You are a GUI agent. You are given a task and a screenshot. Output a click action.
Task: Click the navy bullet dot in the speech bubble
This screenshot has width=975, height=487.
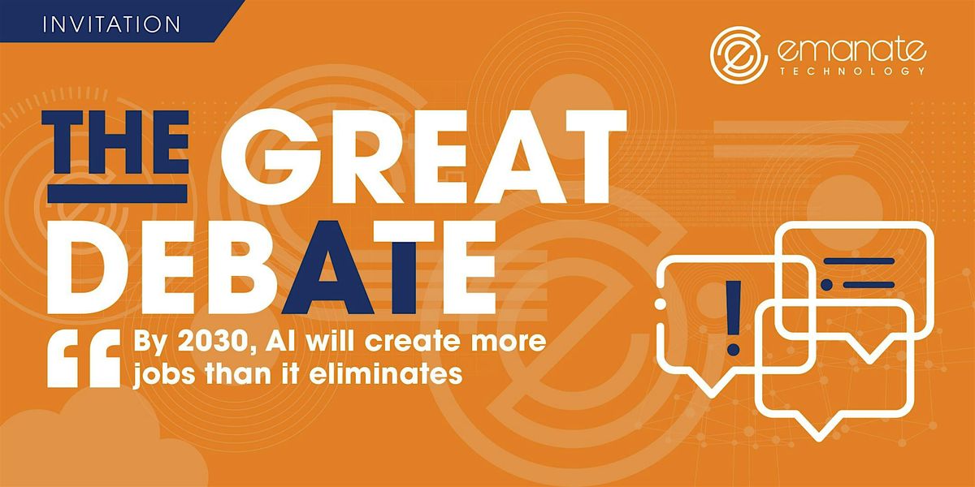[826, 285]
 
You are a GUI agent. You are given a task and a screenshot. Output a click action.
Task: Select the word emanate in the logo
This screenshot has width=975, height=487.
[850, 51]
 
